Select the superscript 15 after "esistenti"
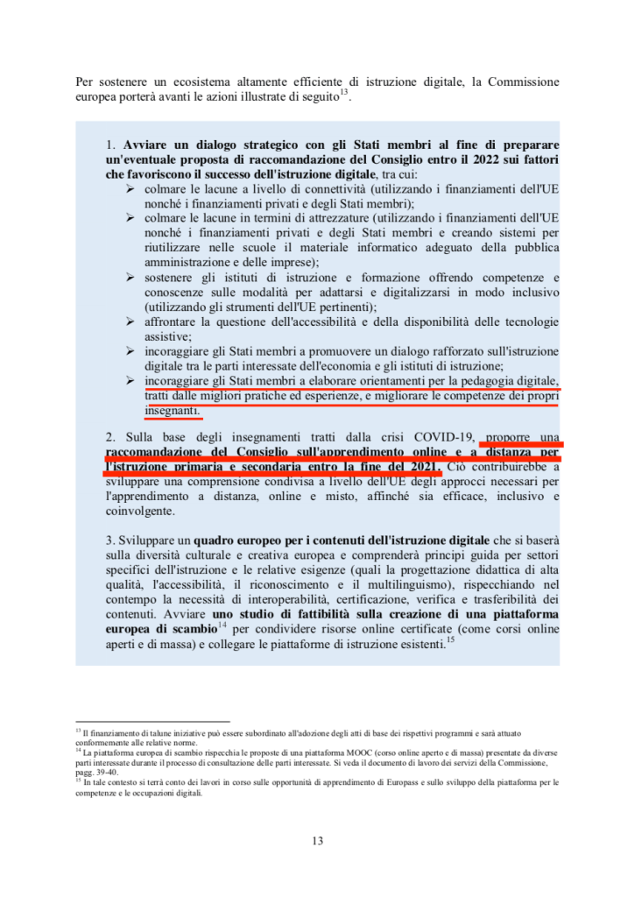tap(449, 639)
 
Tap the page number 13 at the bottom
tap(317, 842)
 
